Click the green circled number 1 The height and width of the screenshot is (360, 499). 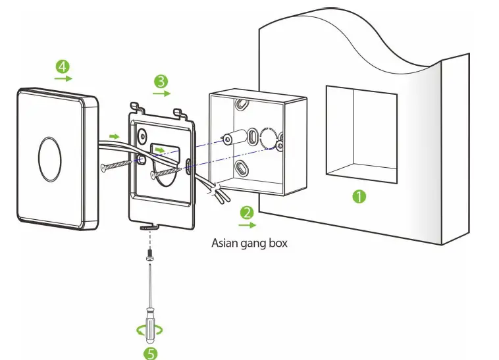[x=358, y=196]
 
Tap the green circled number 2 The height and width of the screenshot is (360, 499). [x=247, y=212]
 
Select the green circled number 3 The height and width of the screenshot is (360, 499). [x=160, y=81]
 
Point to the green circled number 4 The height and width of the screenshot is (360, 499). [x=63, y=66]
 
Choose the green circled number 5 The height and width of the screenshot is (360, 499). [x=151, y=353]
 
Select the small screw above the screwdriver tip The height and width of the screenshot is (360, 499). [x=150, y=253]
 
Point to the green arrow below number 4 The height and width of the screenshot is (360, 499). [x=63, y=78]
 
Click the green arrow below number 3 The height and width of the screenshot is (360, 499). [x=161, y=93]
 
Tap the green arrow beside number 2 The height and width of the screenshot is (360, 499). [x=247, y=224]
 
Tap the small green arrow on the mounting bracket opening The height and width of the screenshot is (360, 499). [x=161, y=149]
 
